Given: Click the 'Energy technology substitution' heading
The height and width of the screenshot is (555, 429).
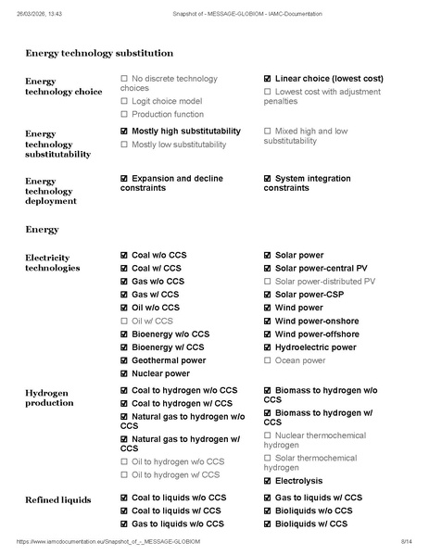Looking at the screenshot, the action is point(98,54).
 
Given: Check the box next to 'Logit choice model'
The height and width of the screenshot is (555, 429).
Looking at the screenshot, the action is point(124,101).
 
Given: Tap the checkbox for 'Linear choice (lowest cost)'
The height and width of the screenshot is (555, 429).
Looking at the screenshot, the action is point(268,79).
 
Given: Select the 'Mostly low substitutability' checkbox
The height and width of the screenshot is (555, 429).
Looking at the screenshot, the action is point(124,145).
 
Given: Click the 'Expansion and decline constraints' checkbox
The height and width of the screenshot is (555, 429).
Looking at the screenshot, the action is point(124,178).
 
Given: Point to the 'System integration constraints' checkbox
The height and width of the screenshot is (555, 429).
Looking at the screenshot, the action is point(268,178).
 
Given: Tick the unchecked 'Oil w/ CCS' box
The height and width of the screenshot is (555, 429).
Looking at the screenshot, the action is point(124,321).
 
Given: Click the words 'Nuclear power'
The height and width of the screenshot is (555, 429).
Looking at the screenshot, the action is point(160,373).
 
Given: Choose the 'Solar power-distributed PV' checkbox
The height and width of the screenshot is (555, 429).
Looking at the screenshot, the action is point(268,281).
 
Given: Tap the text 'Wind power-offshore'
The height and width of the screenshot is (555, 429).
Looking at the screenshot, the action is point(316,334).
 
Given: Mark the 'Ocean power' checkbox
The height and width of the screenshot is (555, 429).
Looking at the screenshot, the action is point(268,360).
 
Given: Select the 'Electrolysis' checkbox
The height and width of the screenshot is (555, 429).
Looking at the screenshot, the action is point(268,481).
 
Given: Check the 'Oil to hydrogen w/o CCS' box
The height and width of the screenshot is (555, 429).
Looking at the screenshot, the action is point(124,461).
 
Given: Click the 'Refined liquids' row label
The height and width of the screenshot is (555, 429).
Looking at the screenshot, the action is point(57,500).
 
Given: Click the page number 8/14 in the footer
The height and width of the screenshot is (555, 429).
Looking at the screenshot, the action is point(405,541).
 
